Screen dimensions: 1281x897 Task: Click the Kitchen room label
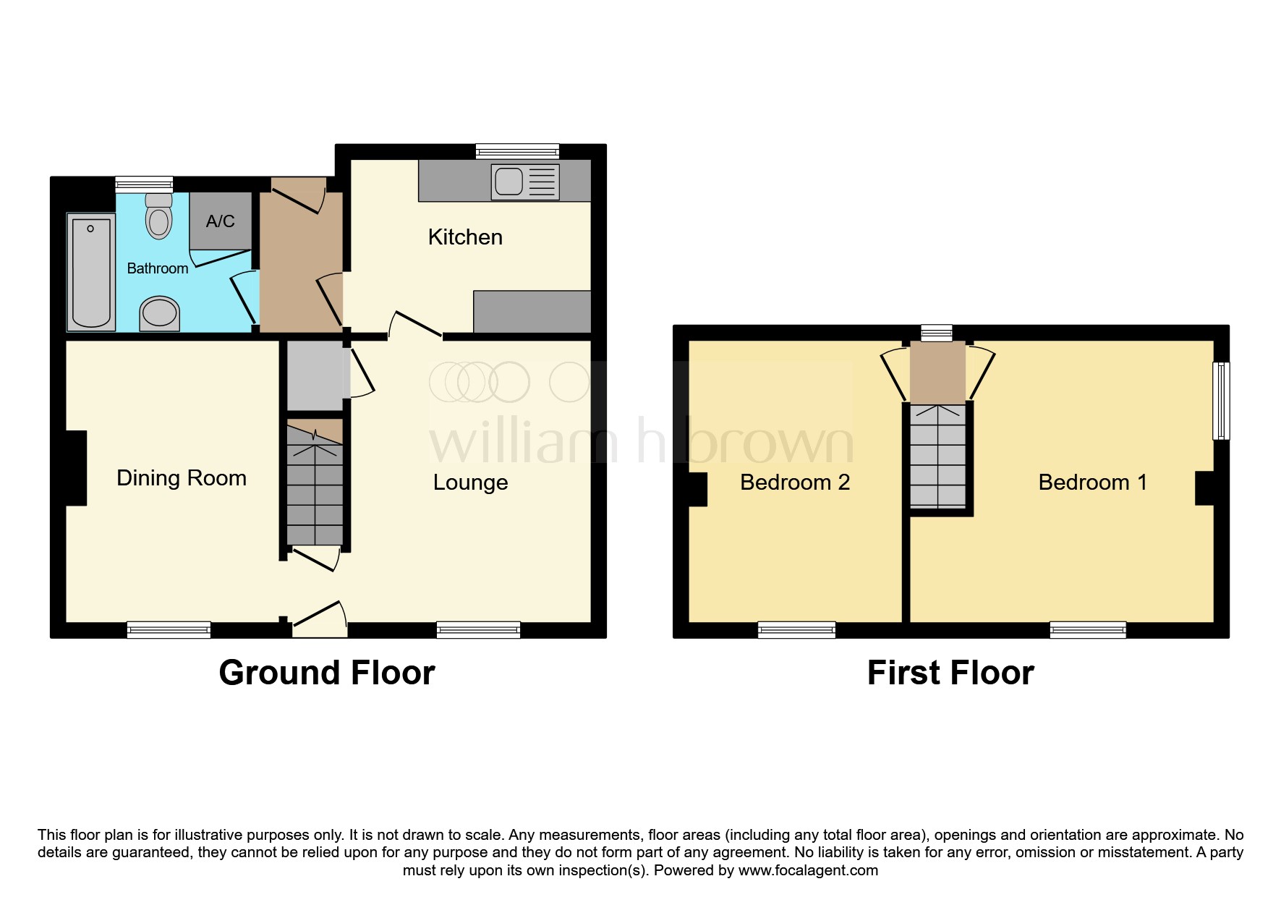point(465,237)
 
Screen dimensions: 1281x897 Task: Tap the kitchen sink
point(525,181)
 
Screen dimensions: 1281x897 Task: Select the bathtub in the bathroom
point(91,272)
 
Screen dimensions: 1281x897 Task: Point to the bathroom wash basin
point(159,314)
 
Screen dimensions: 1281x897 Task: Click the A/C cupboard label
point(221,221)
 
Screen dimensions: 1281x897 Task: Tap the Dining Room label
point(182,478)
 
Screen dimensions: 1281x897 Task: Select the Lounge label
point(471,482)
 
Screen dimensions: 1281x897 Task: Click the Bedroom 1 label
point(1093,482)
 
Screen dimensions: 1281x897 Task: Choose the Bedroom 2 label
point(795,482)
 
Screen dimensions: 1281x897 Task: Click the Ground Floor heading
point(327,673)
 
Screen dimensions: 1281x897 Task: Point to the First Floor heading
point(950,673)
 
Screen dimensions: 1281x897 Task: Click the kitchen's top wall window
point(518,151)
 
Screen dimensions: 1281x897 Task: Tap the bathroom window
point(145,184)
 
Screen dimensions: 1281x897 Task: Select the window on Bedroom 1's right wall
point(1222,401)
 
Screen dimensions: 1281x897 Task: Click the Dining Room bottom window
point(169,630)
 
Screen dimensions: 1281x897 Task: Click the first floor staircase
point(937,456)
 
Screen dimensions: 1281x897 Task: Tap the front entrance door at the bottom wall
point(320,621)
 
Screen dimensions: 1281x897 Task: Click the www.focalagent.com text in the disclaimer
point(809,870)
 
